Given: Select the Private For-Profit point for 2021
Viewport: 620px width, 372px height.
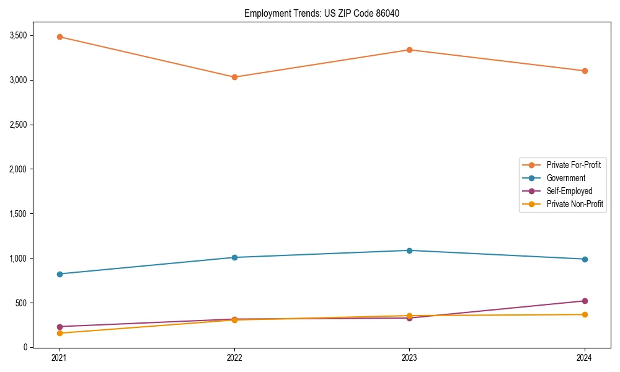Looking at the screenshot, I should pos(60,37).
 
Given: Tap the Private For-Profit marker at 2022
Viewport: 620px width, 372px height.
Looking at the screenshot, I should pos(234,77).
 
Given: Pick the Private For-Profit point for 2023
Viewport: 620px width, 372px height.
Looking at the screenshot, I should pos(409,50).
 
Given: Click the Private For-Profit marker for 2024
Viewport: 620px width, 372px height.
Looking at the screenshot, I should pos(584,71).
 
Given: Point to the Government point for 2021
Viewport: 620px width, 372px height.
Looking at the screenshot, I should pos(60,274).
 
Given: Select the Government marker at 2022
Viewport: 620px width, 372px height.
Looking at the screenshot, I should pos(234,257).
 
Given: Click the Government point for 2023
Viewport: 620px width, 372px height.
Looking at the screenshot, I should pos(409,250).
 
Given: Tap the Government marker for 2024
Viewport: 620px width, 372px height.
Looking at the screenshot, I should pos(584,259).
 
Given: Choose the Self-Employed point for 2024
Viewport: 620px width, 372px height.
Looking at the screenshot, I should pos(584,301).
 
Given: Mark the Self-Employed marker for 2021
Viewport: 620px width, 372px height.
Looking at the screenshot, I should pos(60,327).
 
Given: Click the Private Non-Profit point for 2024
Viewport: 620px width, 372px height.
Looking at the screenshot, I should pos(584,314).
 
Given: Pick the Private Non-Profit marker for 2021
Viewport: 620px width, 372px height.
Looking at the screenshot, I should pos(60,333).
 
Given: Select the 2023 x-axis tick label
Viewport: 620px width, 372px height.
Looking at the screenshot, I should pos(409,358).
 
